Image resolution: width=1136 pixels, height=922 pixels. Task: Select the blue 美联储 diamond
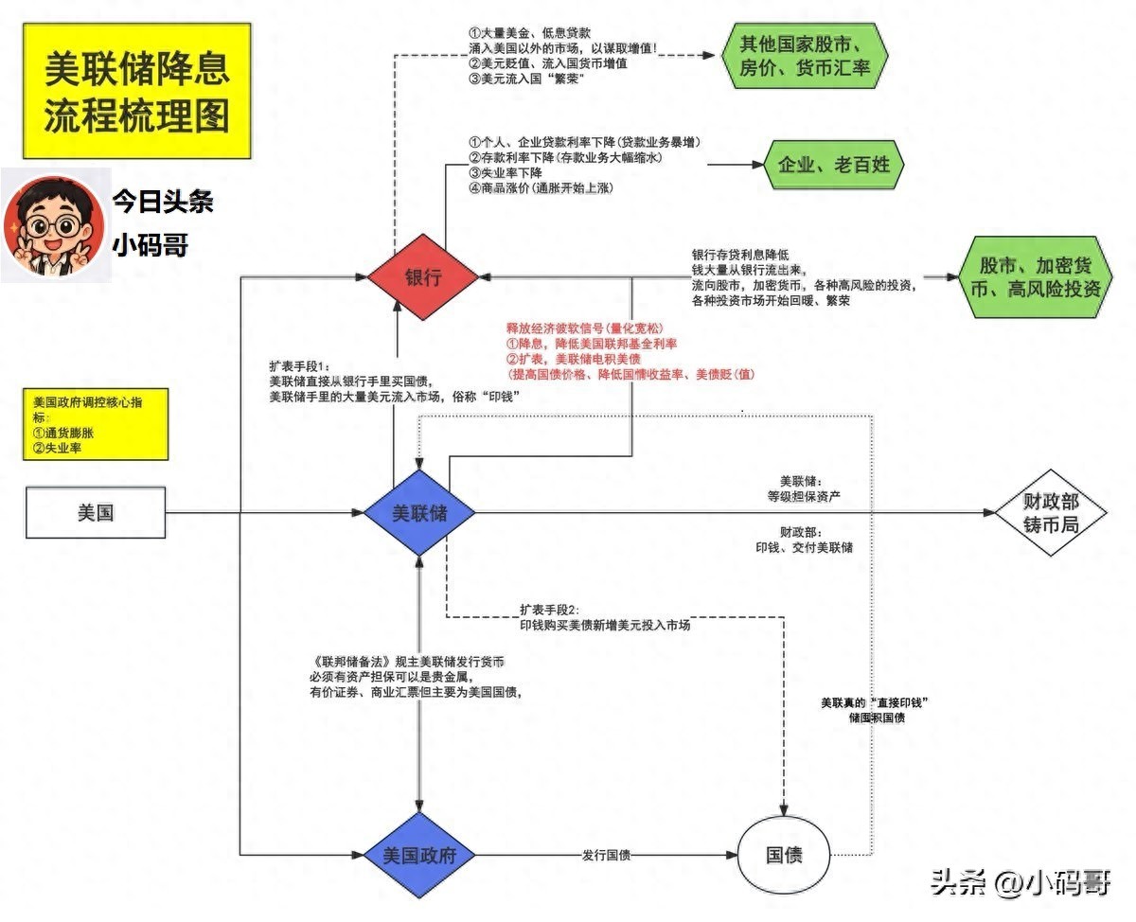[419, 513]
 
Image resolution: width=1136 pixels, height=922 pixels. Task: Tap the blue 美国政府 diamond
[419, 856]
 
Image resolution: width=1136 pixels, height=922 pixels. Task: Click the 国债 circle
[784, 856]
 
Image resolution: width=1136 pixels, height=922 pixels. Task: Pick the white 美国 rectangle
[95, 513]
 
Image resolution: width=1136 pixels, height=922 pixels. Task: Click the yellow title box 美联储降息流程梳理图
[137, 92]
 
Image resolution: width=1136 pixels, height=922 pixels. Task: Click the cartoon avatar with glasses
[53, 225]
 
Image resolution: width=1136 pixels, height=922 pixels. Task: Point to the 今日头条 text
[162, 201]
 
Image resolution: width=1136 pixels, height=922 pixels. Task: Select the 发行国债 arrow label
[606, 856]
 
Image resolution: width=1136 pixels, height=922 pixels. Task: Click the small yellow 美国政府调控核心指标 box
[97, 423]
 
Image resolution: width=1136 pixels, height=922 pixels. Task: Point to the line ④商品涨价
[542, 188]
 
